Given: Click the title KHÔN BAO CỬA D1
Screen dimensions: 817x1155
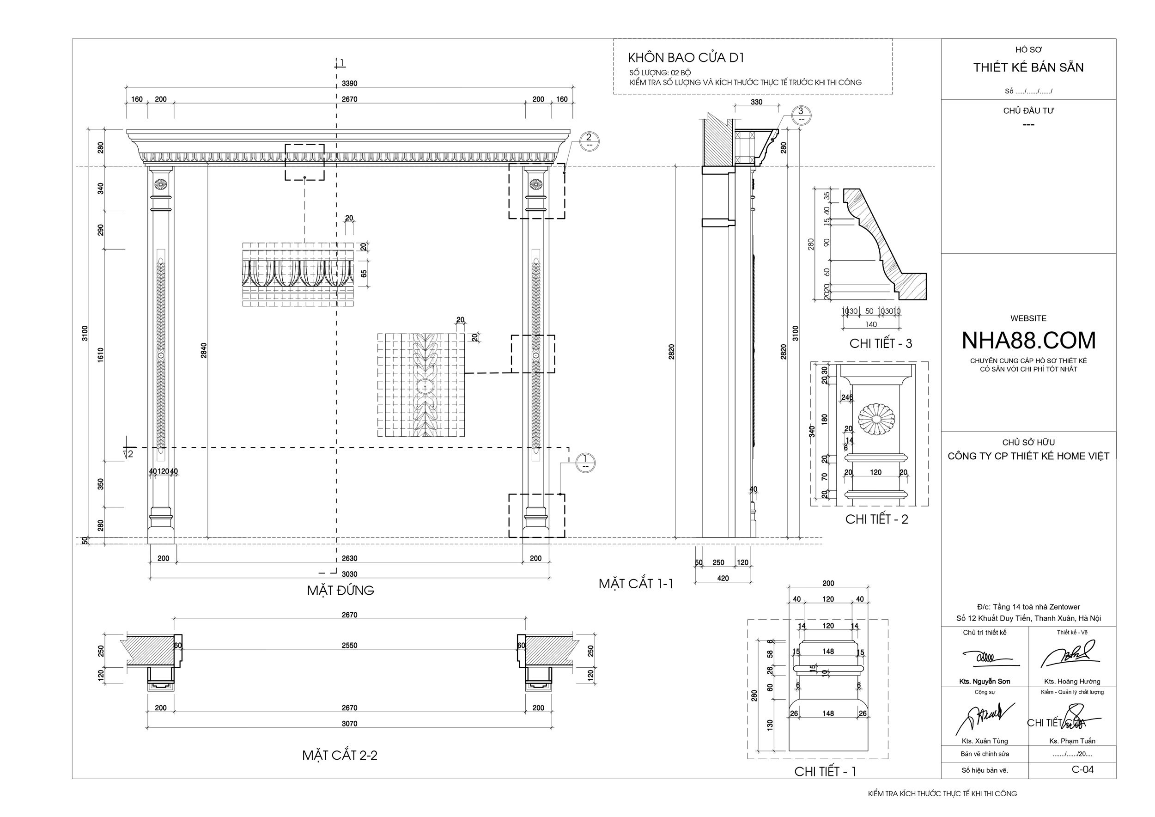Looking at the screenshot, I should click(686, 58).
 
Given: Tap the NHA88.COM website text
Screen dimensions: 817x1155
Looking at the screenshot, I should click(1028, 341).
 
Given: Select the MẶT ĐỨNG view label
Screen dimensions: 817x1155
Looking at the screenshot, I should click(340, 590).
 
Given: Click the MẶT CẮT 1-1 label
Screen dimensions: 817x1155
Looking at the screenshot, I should click(635, 584).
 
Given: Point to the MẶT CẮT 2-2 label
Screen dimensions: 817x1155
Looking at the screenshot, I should click(340, 755).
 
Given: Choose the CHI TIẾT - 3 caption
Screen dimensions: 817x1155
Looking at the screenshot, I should click(880, 344).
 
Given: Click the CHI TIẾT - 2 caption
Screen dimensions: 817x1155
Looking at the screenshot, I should click(876, 519).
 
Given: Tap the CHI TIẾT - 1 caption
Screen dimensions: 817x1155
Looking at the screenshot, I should click(825, 771).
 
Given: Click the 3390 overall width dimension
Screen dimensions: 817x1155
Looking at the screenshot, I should click(349, 84).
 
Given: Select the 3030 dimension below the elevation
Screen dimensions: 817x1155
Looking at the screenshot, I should click(349, 574).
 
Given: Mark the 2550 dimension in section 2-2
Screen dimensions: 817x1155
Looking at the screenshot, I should click(349, 646).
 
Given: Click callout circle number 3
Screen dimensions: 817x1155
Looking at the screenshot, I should click(801, 114).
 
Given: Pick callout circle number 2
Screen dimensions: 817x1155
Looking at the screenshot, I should click(589, 140).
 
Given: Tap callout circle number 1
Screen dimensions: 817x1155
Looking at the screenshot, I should click(585, 461).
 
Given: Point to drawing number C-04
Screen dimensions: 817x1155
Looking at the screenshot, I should click(1082, 769).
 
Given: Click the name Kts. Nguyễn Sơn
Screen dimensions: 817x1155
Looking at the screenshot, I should click(984, 682).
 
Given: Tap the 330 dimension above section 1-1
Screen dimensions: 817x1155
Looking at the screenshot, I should click(756, 102).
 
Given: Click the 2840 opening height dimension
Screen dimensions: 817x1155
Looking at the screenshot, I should click(204, 350).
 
